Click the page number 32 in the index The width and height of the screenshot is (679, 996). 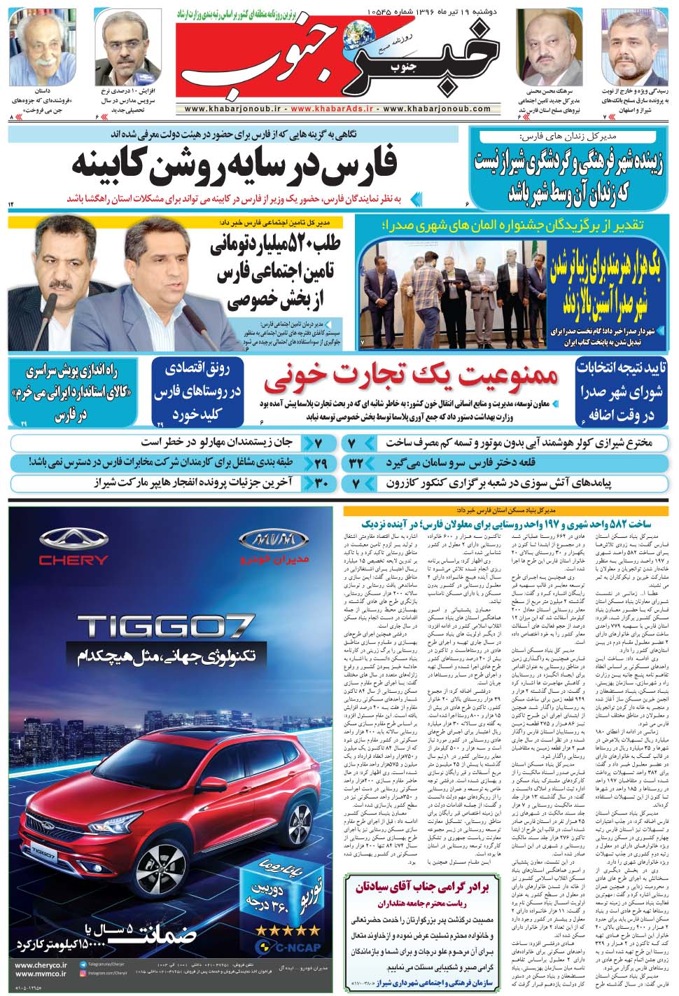pyautogui.click(x=356, y=463)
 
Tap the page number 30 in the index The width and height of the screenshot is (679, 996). pyautogui.click(x=321, y=483)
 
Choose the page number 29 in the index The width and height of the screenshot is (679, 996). pyautogui.click(x=321, y=463)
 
